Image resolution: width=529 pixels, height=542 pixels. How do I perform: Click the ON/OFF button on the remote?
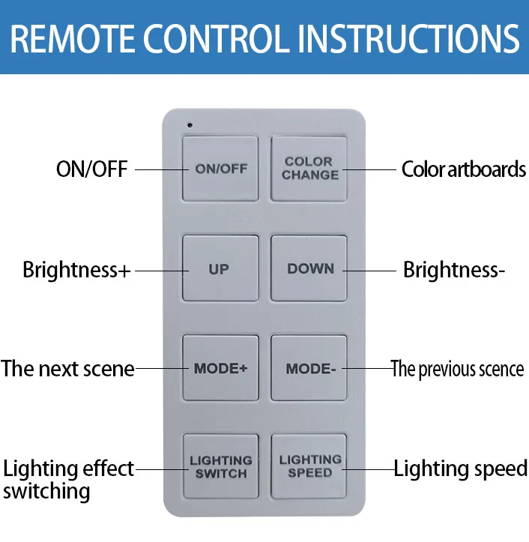tap(220, 169)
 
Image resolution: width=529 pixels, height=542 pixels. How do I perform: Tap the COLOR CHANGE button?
tap(309, 169)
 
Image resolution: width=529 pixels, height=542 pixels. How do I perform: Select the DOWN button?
tap(309, 268)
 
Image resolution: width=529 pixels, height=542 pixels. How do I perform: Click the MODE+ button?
tap(220, 368)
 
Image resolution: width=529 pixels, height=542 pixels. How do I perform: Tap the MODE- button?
tap(309, 368)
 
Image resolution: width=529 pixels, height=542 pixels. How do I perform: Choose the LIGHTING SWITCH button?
tap(220, 466)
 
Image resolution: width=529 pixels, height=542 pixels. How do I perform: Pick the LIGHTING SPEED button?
tap(309, 466)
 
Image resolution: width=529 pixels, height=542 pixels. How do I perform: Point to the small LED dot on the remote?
tap(190, 124)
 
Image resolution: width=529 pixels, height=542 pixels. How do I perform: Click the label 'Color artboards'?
tap(463, 169)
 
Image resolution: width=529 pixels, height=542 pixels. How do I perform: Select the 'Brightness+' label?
tap(76, 270)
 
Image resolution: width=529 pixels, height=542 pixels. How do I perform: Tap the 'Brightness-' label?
tap(453, 270)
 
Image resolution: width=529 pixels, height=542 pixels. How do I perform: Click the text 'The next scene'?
tap(67, 369)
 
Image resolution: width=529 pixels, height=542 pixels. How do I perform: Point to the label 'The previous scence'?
tap(457, 369)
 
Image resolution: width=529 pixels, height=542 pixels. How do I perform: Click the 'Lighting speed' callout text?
tap(460, 469)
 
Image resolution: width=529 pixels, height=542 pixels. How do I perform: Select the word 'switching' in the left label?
tap(46, 492)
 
